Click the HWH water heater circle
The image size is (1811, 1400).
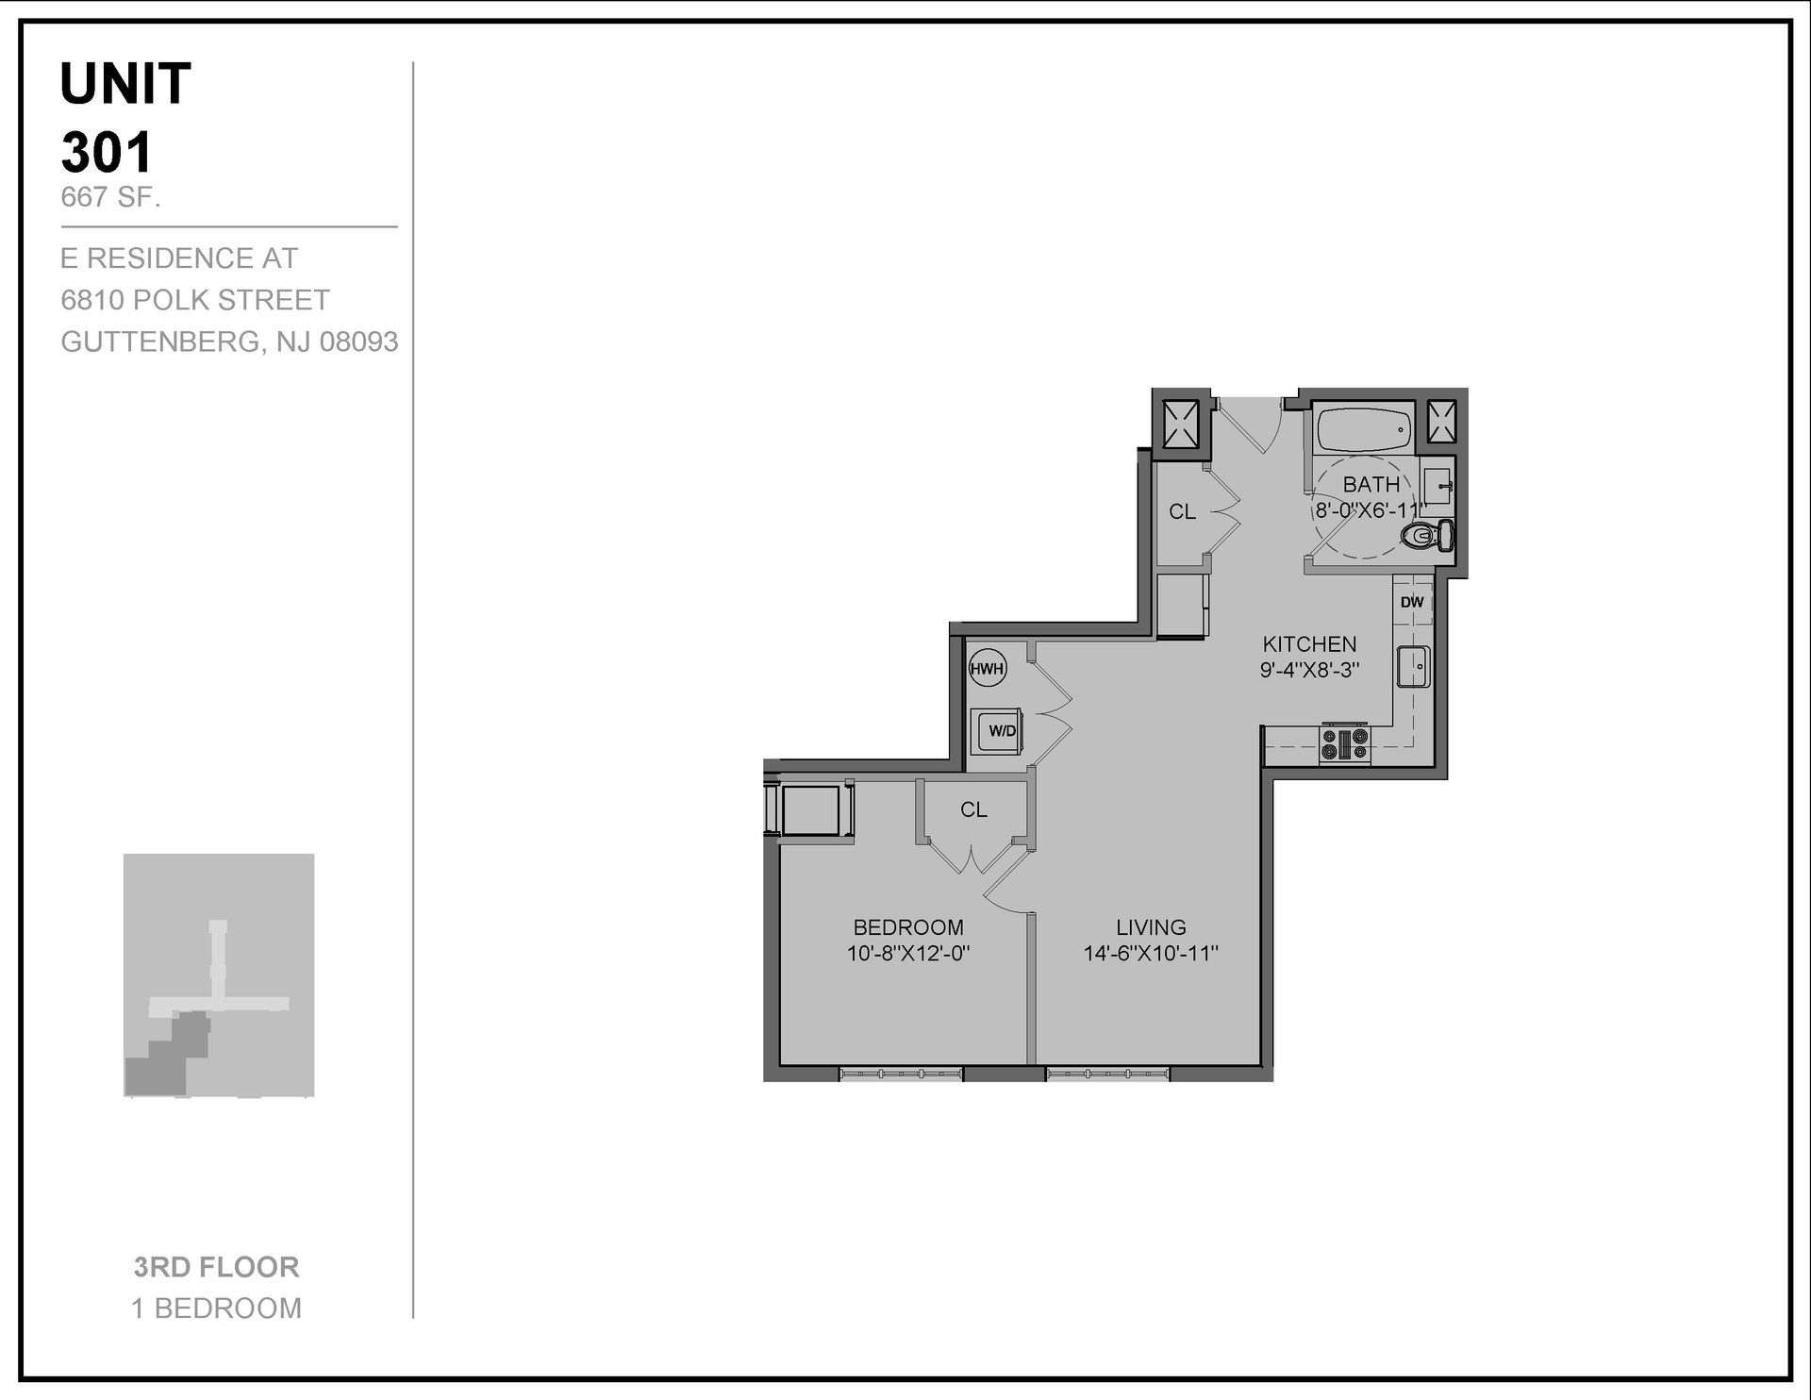point(987,670)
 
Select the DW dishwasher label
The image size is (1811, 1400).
point(1412,602)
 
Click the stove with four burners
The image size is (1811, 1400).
point(1344,743)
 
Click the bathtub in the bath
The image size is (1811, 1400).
point(1364,429)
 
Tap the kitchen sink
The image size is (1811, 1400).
point(1414,667)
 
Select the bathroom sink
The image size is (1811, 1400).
point(1437,487)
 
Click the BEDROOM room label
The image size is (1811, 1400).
point(908,927)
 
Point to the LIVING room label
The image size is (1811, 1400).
point(1151,927)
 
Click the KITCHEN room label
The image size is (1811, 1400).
point(1309,644)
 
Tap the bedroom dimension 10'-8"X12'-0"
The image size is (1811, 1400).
point(908,954)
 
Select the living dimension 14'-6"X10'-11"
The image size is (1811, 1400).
point(1151,954)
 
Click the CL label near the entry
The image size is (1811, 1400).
point(1182,512)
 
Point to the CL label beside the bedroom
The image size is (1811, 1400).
point(973,809)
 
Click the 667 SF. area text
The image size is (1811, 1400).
point(110,197)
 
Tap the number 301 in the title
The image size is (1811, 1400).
point(107,152)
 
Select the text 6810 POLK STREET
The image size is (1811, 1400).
point(195,300)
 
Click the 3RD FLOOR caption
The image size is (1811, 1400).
point(216,1267)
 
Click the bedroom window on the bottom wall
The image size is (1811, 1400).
point(901,1073)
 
